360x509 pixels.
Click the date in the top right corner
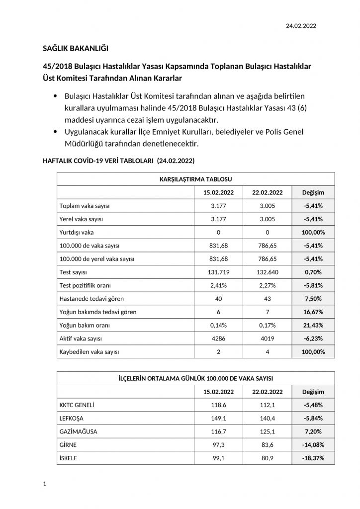301,25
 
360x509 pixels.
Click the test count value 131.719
215,272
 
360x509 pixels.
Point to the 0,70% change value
314,272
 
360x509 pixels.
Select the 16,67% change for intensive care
314,312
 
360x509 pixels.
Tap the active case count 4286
215,338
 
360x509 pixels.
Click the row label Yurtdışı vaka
76,232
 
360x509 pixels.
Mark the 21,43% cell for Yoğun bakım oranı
314,325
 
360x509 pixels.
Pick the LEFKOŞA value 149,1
215,418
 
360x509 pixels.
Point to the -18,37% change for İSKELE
314,458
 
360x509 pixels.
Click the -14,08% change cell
314,445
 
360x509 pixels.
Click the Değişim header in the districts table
314,392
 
